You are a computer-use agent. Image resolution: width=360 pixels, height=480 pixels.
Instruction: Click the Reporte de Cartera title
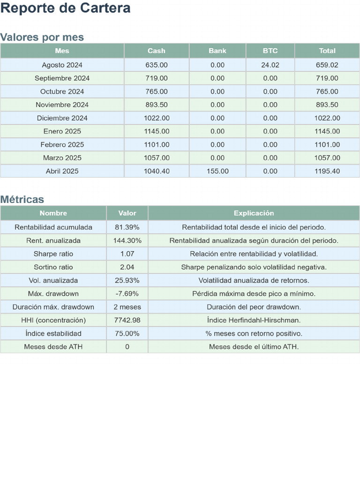[65, 8]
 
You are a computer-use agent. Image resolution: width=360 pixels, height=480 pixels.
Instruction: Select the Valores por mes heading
[42, 37]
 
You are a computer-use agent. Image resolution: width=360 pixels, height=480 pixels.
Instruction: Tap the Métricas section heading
[22, 199]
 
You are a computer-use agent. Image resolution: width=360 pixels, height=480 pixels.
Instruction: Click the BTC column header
[270, 51]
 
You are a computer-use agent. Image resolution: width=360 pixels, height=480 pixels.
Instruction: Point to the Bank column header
[217, 51]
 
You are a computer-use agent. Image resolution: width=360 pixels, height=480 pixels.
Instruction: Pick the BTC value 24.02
[270, 65]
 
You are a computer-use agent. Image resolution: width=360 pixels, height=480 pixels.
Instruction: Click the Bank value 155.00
[217, 171]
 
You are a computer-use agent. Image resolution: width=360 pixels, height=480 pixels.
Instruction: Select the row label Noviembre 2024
[62, 105]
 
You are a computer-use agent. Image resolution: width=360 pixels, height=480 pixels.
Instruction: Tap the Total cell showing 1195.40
[327, 171]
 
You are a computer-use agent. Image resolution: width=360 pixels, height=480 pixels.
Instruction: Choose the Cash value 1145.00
[157, 131]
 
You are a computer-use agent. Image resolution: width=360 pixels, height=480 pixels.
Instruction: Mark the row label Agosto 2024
[62, 65]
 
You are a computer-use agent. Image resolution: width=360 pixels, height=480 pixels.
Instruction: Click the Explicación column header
[254, 213]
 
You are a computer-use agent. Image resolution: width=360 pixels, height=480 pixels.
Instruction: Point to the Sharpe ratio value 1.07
[127, 254]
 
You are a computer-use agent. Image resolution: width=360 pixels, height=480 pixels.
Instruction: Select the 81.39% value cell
[127, 227]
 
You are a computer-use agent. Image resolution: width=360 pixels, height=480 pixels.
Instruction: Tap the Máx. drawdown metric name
[53, 293]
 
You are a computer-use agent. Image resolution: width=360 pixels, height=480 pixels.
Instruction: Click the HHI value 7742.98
[127, 320]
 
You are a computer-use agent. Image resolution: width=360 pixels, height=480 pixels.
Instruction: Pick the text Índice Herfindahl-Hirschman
[254, 320]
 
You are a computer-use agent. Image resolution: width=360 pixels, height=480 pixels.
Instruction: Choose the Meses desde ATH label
[53, 347]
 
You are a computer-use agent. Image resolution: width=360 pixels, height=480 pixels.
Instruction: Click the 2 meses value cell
[127, 307]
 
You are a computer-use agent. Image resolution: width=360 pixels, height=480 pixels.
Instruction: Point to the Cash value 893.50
[157, 105]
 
